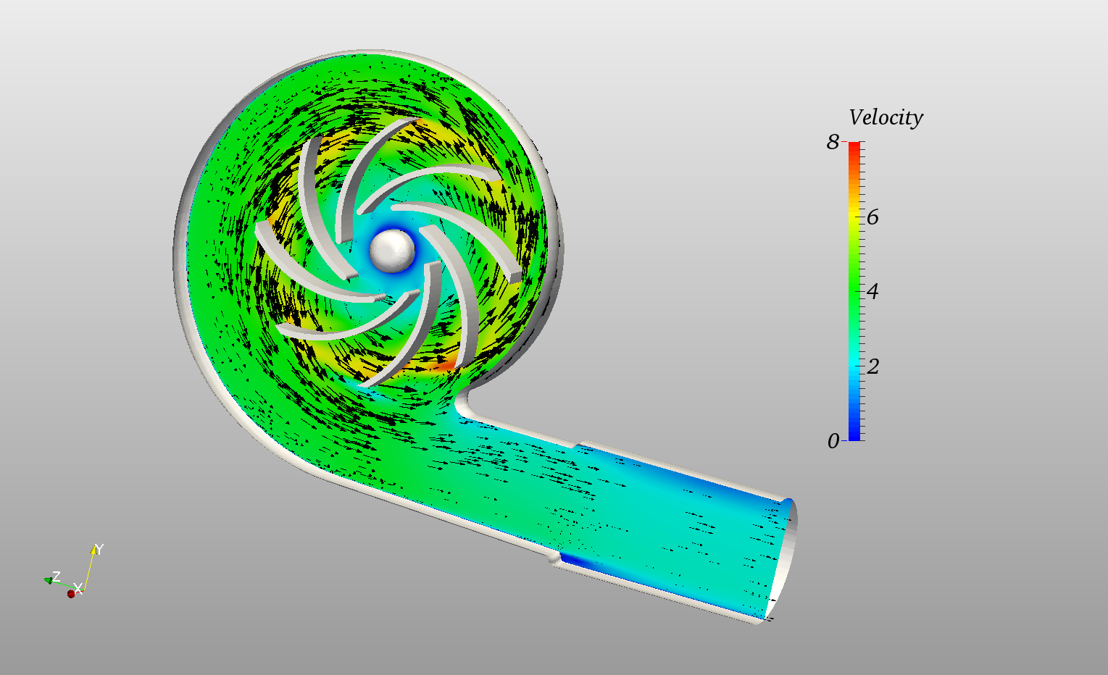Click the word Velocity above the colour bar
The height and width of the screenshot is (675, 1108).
click(886, 117)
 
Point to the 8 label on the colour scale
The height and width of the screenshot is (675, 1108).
click(833, 142)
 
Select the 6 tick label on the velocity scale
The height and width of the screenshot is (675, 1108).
click(872, 217)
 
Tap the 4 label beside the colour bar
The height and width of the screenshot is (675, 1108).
click(872, 291)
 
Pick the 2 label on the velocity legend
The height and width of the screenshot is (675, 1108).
click(872, 366)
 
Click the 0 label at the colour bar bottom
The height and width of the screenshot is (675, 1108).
click(833, 441)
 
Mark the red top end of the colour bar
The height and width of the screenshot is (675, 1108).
click(854, 146)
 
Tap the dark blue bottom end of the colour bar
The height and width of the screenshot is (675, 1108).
click(854, 437)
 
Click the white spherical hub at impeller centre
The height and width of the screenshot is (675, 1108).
click(391, 251)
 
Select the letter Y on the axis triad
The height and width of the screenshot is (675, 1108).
click(99, 550)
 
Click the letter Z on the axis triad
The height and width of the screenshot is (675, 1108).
click(56, 577)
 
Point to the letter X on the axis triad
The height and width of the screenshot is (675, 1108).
click(78, 587)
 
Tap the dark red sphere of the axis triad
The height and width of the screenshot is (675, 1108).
click(71, 594)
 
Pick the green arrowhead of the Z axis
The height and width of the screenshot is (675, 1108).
click(48, 579)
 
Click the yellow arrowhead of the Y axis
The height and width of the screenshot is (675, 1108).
click(93, 550)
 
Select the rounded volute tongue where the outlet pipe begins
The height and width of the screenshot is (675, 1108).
click(464, 406)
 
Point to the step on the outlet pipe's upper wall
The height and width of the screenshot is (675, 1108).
click(579, 444)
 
